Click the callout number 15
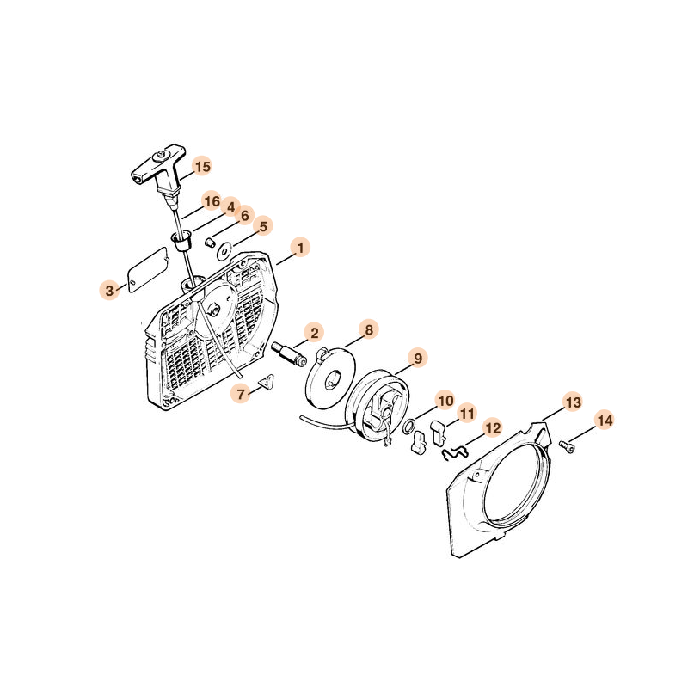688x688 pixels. coord(202,166)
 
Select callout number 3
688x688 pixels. coord(109,290)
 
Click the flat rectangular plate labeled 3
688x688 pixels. coord(148,266)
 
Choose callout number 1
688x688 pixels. coord(300,248)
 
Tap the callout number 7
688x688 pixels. coord(241,394)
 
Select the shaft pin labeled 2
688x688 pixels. coord(290,353)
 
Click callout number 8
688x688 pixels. coord(369,329)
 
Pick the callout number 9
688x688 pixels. coord(418,358)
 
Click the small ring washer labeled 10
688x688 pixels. coord(409,427)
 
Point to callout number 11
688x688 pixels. coord(466,414)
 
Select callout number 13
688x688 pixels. coord(574,402)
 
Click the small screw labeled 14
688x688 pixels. coord(567,446)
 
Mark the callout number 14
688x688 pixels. coord(605,421)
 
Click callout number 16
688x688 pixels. coord(212,201)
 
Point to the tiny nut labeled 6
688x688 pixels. coord(210,243)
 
